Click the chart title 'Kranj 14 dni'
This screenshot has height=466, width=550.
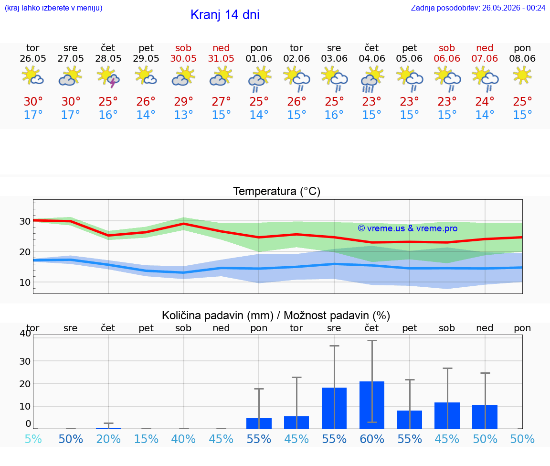point(225,15)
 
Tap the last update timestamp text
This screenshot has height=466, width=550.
point(478,8)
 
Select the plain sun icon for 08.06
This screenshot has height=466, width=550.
point(522,76)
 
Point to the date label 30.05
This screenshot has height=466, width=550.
point(183,58)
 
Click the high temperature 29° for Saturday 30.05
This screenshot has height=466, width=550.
point(183,101)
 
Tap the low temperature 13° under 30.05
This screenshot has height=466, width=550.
point(183,115)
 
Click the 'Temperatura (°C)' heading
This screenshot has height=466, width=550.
point(277,191)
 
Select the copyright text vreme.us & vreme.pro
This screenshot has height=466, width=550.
point(408,228)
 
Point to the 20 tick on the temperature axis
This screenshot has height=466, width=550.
point(25,252)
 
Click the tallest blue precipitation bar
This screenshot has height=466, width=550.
point(372,405)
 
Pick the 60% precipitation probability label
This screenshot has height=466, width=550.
point(372,439)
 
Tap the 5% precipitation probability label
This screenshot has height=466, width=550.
point(33,439)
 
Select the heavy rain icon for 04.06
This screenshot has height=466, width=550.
point(372,80)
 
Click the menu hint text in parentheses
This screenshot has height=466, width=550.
point(53,8)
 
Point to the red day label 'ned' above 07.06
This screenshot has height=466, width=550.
point(485,48)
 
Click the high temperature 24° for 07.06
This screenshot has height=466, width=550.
point(485,101)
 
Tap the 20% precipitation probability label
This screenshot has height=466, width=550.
point(108,439)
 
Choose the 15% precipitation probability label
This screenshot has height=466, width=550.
point(146,439)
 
